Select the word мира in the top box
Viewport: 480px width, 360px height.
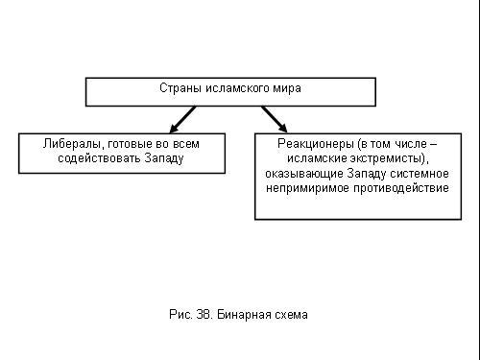point(287,89)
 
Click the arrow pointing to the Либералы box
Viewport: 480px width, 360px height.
point(182,119)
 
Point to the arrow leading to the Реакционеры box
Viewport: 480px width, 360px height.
point(275,119)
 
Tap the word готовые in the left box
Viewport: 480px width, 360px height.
point(130,144)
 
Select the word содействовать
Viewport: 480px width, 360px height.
point(99,158)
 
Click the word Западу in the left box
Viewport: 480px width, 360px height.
point(164,158)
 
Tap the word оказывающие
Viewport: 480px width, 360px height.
point(304,174)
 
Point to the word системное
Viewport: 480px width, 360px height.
point(420,174)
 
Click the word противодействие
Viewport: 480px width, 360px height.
point(401,188)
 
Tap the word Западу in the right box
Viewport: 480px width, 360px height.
point(367,174)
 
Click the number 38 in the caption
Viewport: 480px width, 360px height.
point(204,315)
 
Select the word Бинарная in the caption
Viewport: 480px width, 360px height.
point(241,315)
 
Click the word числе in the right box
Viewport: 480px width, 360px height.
point(411,144)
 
